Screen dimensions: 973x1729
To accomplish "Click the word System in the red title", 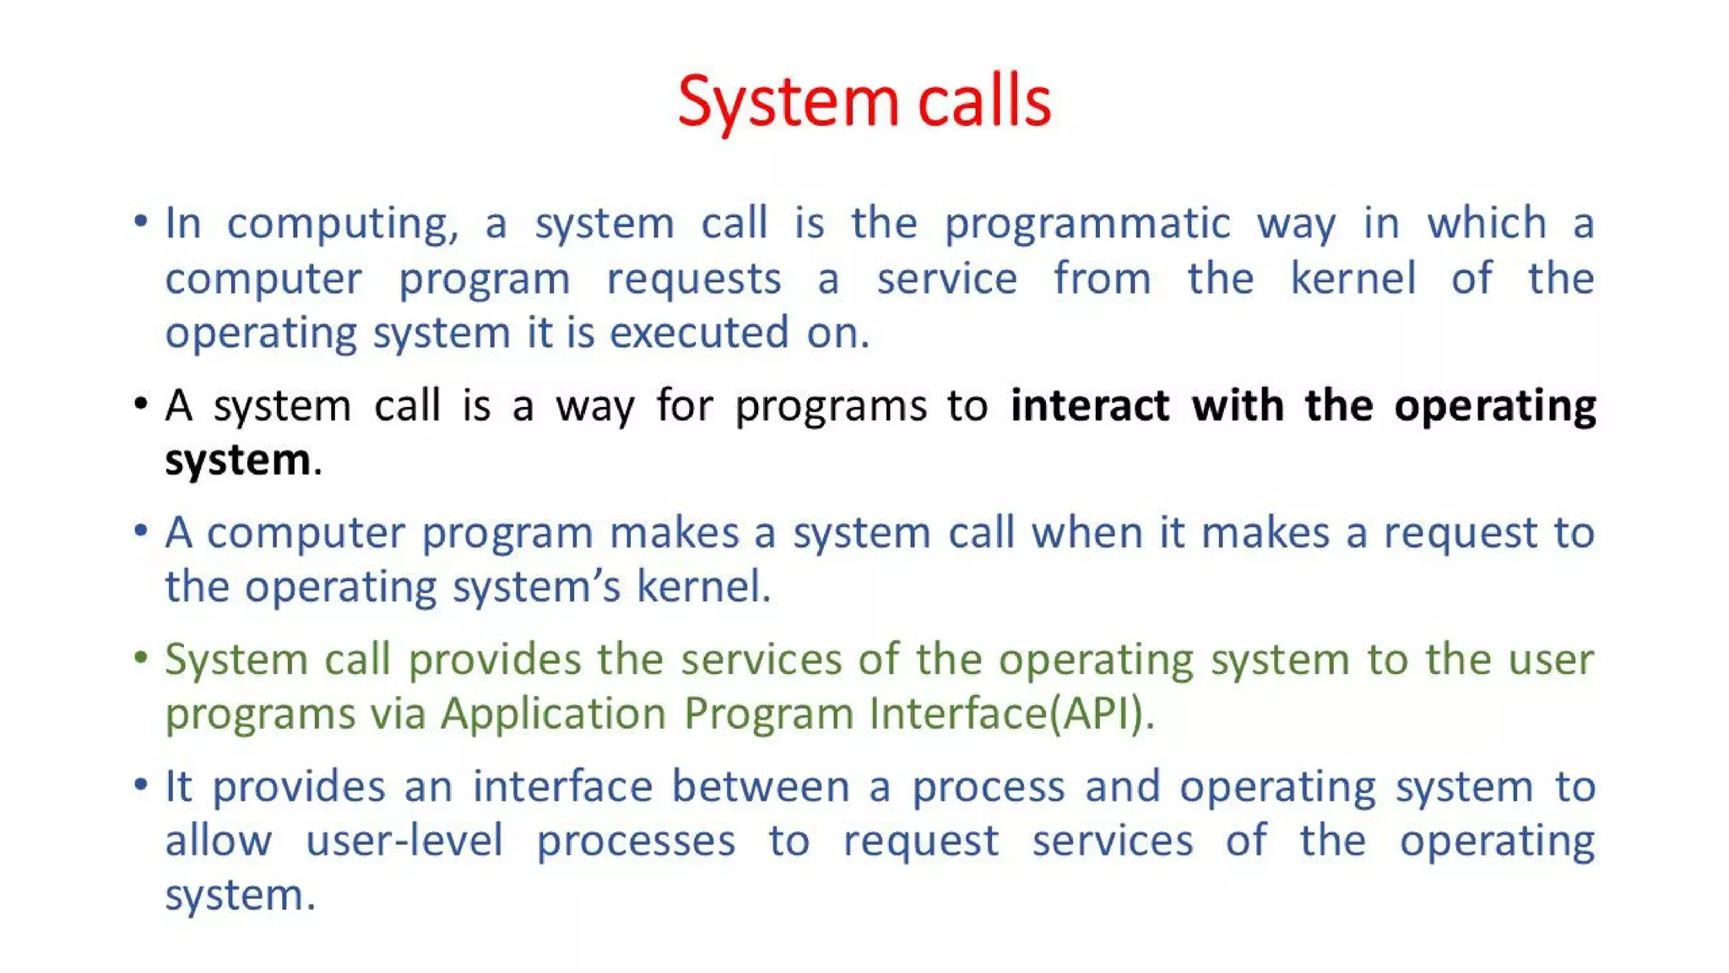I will coord(787,103).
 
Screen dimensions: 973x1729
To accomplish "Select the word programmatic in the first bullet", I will coord(1087,225).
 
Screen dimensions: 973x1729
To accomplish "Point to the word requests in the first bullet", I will coord(694,280).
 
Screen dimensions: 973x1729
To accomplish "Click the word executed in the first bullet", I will coord(699,333).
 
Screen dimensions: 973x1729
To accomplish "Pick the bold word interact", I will coord(1090,405).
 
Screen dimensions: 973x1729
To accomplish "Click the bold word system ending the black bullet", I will coord(238,461).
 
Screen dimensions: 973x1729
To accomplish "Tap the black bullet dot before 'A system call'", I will coord(141,404).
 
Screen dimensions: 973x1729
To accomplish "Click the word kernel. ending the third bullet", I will coord(703,587).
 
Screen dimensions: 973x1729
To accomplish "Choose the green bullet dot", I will coord(141,657).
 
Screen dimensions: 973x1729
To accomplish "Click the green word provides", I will coord(495,660).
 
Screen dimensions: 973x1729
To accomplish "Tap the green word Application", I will coord(553,714).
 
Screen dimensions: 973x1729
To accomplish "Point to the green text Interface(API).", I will coord(1011,714).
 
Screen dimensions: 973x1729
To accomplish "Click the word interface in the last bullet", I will coord(562,786).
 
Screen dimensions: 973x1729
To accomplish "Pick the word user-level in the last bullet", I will coord(404,841).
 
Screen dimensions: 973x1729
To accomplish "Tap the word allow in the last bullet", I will coord(218,841).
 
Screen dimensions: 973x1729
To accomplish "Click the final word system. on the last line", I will coord(240,895).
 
